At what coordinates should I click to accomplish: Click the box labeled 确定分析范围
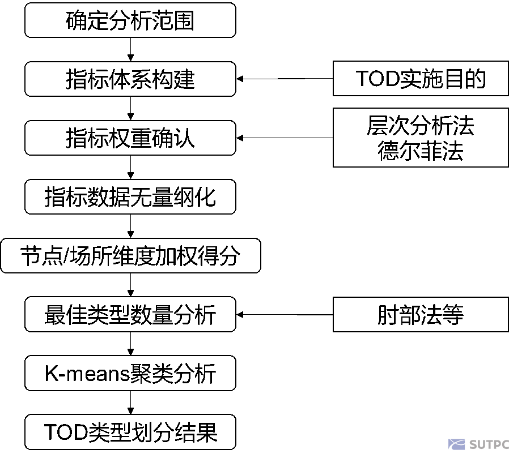(x=130, y=20)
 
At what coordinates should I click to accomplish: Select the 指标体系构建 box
(x=130, y=79)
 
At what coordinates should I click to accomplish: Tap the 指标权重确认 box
(x=130, y=138)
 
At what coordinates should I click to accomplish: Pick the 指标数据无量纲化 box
(x=130, y=197)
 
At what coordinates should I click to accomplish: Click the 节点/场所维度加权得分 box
(x=130, y=256)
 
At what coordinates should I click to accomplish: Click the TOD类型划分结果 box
(x=130, y=433)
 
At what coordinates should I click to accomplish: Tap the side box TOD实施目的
(x=420, y=79)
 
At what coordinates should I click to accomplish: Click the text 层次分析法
(x=420, y=126)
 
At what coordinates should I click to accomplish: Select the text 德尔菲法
(x=420, y=151)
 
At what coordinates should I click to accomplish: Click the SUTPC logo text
(x=489, y=444)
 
